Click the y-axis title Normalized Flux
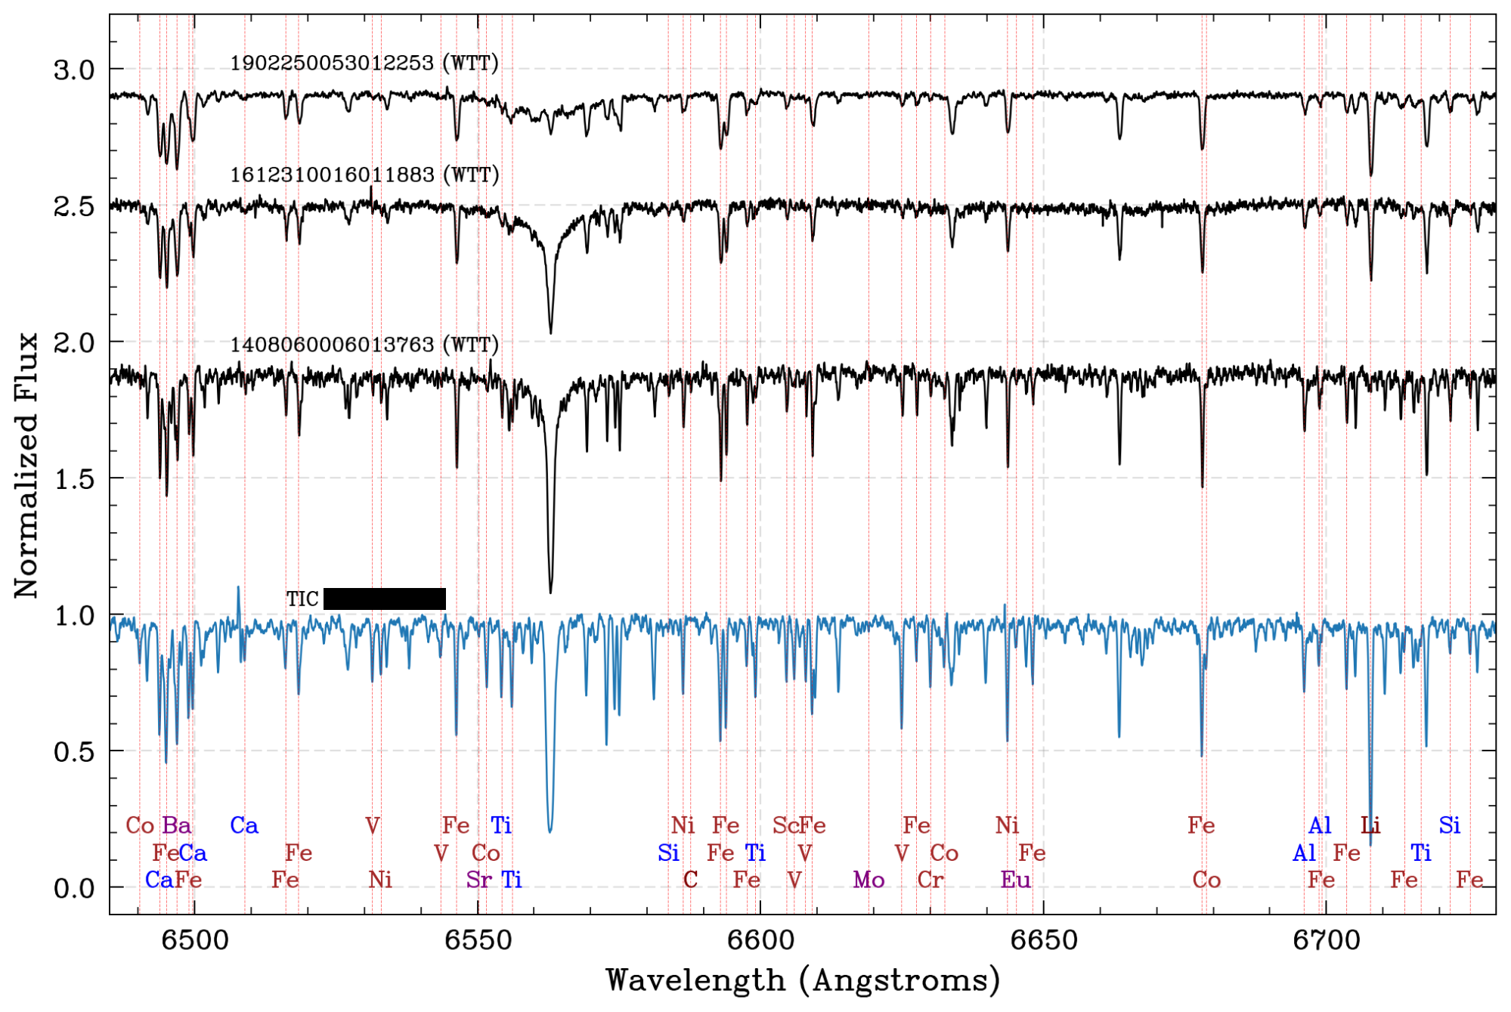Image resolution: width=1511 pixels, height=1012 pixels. click(26, 466)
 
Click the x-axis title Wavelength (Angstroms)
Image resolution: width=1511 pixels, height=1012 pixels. click(803, 980)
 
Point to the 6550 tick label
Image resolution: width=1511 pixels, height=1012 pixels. click(478, 940)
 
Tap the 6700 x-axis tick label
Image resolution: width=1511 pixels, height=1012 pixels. click(1326, 940)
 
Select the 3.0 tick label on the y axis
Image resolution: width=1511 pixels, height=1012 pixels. click(74, 70)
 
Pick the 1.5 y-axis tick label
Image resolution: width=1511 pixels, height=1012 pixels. click(74, 479)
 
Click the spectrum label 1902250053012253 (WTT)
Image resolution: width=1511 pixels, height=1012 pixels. click(364, 63)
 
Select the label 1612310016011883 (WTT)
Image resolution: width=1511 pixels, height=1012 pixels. click(364, 175)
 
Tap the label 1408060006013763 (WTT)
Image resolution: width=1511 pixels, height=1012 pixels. click(364, 345)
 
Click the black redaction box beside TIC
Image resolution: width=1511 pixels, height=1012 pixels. click(384, 599)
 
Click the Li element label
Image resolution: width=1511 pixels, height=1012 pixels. click(1370, 825)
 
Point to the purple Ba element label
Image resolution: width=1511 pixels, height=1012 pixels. click(177, 825)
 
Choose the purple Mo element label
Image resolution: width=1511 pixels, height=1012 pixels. click(869, 880)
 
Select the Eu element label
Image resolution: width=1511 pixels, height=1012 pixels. click(1015, 880)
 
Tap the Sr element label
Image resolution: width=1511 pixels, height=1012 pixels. click(478, 880)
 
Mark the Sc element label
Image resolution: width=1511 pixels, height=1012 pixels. click(785, 825)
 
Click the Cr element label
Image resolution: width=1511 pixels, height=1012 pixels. click(930, 880)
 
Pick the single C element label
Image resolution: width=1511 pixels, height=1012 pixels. click(690, 880)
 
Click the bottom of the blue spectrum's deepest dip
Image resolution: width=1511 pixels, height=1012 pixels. click(550, 831)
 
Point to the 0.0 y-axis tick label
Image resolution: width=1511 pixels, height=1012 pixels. click(74, 889)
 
